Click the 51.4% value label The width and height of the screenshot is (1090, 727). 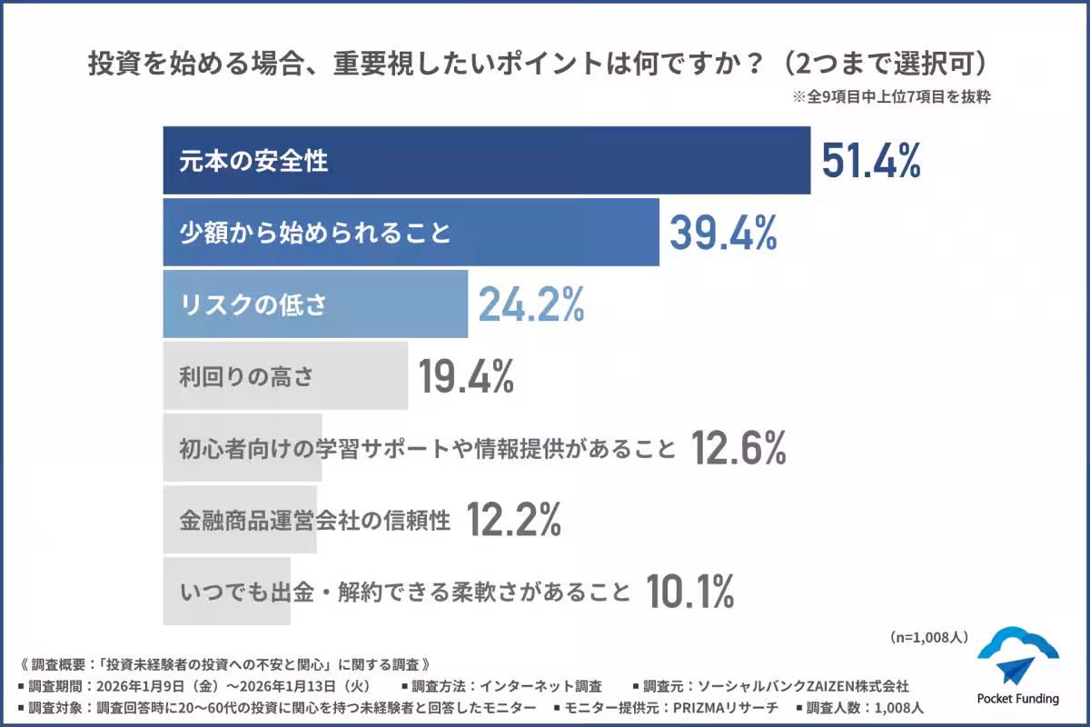(x=871, y=161)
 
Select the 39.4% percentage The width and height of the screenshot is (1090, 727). (x=723, y=233)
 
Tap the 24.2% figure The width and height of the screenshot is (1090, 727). (x=531, y=305)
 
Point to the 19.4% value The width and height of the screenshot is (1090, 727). (x=466, y=376)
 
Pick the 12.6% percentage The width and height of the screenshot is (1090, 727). (x=738, y=448)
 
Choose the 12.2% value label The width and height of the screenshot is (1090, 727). (x=513, y=520)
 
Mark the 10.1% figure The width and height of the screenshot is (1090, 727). (x=689, y=593)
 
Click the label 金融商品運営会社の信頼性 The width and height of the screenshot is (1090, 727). (x=314, y=521)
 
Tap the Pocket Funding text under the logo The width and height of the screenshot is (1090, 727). (x=1017, y=699)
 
